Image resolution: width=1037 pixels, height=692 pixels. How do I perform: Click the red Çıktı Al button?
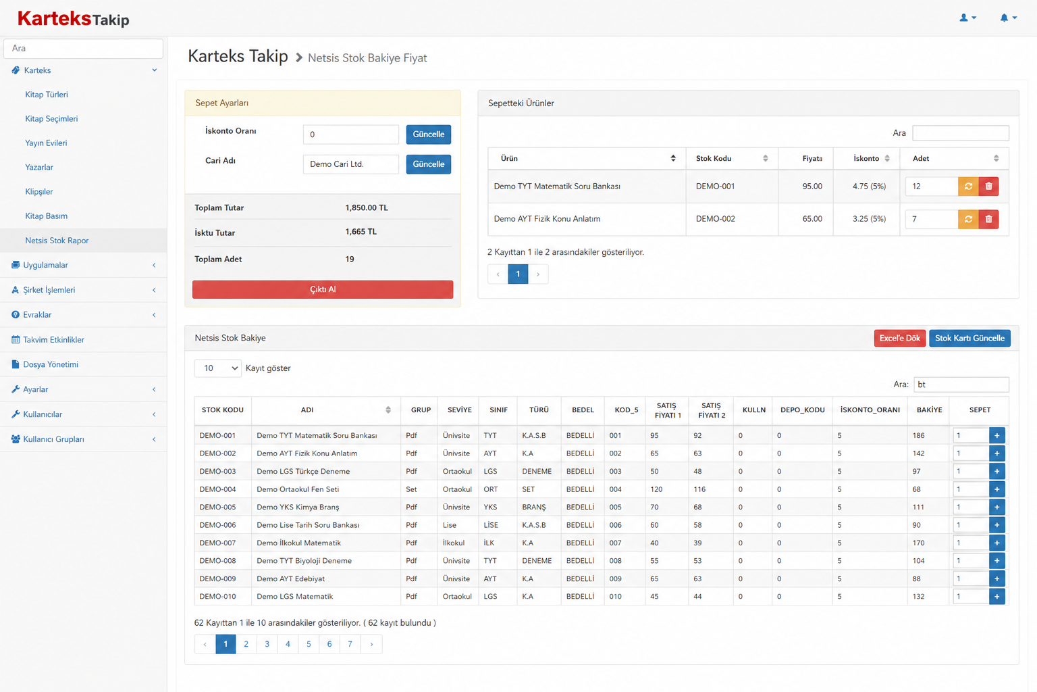pos(323,289)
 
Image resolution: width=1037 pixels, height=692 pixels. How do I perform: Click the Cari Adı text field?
pos(351,164)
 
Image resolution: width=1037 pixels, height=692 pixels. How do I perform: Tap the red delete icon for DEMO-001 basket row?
pos(988,187)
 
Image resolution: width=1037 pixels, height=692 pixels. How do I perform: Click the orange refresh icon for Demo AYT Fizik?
pos(968,219)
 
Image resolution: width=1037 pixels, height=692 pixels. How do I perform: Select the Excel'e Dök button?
pos(899,339)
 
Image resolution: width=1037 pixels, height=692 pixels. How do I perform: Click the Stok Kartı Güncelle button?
pos(969,339)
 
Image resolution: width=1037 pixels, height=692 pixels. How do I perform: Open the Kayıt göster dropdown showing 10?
pos(217,368)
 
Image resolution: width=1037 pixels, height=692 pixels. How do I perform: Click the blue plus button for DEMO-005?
pos(996,507)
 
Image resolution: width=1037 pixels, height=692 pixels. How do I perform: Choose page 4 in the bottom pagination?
pos(288,644)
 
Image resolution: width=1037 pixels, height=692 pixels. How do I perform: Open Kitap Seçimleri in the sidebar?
pos(51,119)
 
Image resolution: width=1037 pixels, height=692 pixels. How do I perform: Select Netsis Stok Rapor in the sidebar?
pos(57,241)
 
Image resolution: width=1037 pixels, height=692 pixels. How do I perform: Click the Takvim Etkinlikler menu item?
pos(54,340)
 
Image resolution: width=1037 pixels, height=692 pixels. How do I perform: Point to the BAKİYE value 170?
pos(918,543)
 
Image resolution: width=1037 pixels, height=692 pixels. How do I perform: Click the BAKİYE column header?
pos(929,410)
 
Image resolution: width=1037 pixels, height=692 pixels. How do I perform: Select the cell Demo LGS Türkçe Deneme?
pos(303,472)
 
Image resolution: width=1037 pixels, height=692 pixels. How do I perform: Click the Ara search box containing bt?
pos(961,385)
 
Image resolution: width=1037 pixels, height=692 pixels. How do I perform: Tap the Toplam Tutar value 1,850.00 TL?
pos(367,207)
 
